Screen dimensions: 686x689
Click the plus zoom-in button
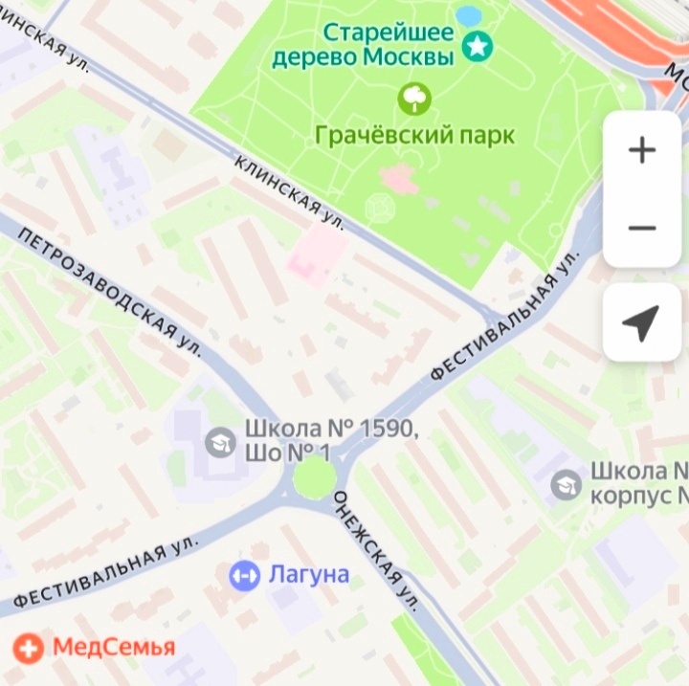point(641,150)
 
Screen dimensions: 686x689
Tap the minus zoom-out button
point(641,228)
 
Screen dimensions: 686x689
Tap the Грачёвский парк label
point(414,135)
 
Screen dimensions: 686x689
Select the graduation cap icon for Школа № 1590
point(220,441)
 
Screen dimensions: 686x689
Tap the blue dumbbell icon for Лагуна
point(244,575)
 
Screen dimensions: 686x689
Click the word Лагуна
point(308,575)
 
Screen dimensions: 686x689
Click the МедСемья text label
point(113,648)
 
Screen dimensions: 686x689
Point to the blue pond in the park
point(469,16)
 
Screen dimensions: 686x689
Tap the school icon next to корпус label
point(567,484)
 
